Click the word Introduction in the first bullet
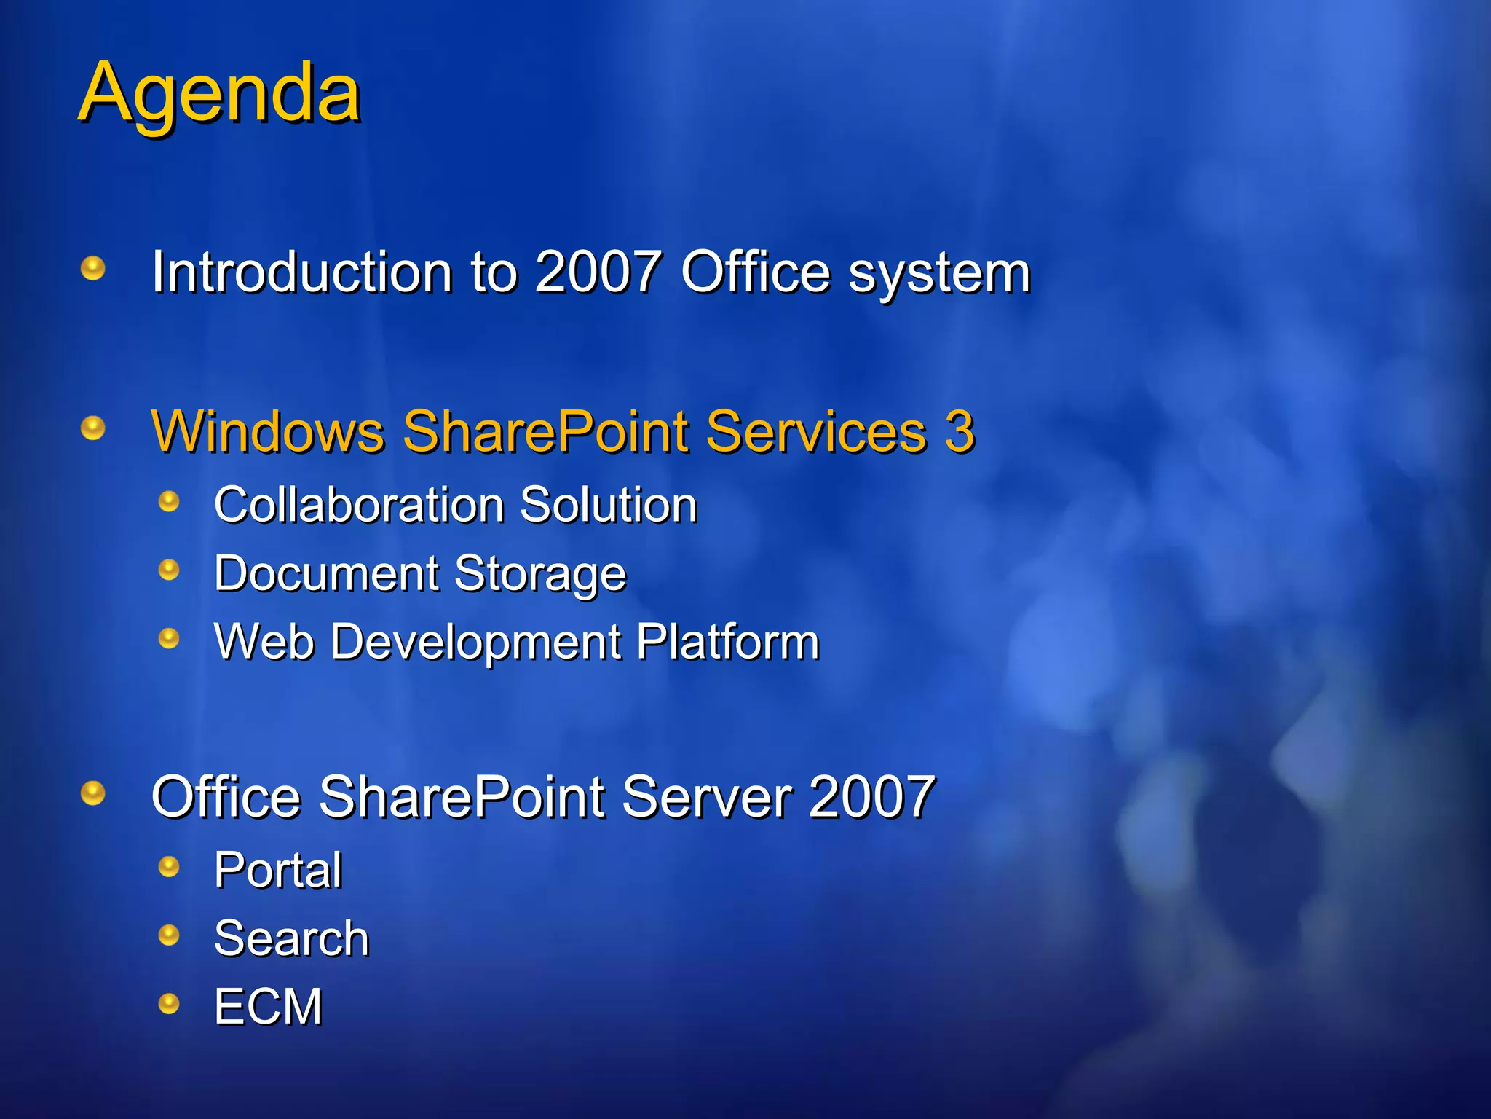(x=301, y=272)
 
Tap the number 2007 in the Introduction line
(x=598, y=272)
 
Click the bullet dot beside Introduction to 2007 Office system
(x=93, y=268)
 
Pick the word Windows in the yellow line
(x=267, y=431)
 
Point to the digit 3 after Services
(x=960, y=431)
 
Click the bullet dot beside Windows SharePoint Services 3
(x=93, y=428)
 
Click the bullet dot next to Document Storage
(x=169, y=570)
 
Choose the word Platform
(x=727, y=642)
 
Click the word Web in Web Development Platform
(x=264, y=642)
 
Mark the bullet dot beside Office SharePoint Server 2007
(x=93, y=793)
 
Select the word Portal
(x=278, y=870)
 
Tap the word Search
(x=291, y=938)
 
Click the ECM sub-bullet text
(x=268, y=1007)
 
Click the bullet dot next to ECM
(x=169, y=1004)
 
